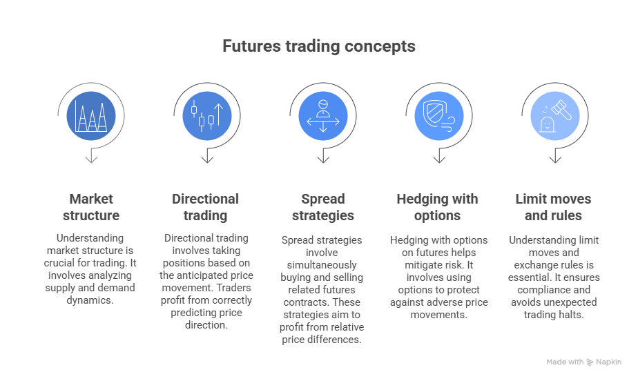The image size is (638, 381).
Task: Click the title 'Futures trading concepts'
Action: point(318,46)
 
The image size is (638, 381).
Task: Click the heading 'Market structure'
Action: point(91,207)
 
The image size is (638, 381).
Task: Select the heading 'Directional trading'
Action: point(206,207)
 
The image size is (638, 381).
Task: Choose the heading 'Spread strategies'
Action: point(322,207)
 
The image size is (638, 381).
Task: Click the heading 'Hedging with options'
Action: point(438,207)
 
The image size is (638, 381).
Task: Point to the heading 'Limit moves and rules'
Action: point(554,207)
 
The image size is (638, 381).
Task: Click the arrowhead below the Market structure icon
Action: point(91,159)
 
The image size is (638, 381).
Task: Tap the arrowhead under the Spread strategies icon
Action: point(322,159)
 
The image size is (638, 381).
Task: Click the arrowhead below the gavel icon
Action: point(554,159)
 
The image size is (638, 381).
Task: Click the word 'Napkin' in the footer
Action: point(609,362)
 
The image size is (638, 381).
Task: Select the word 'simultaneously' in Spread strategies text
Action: point(322,265)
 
